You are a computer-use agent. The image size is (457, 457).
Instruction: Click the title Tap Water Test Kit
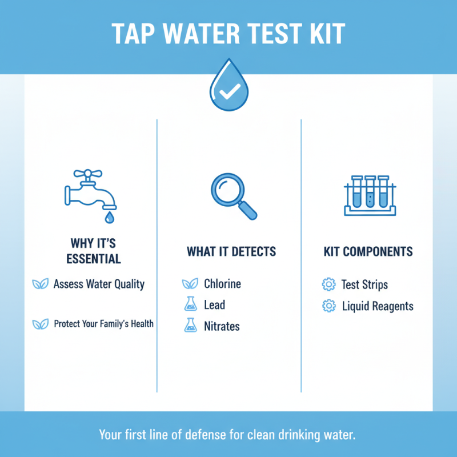tap(228, 34)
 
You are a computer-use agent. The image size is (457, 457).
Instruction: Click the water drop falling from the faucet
tap(108, 217)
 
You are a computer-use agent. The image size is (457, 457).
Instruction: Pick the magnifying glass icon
tap(231, 196)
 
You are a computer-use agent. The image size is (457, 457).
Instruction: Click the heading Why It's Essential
tap(94, 251)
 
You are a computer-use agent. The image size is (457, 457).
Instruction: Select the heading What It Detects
tap(231, 251)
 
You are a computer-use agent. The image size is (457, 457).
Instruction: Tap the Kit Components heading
tap(368, 251)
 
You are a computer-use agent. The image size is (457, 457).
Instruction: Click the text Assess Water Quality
tap(99, 284)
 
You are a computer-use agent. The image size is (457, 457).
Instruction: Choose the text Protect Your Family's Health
tap(103, 324)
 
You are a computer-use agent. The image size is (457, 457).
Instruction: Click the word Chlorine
tap(222, 284)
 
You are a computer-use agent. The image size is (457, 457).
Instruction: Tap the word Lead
tap(214, 305)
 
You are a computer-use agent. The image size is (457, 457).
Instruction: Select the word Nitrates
tap(222, 326)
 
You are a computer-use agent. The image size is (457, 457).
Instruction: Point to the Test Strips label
tap(364, 284)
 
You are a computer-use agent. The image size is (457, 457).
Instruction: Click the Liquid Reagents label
tap(377, 306)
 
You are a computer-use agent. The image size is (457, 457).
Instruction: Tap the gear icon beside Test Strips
tap(328, 284)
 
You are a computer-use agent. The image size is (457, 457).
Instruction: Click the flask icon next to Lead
tap(190, 305)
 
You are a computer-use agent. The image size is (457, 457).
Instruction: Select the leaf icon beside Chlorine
tap(190, 284)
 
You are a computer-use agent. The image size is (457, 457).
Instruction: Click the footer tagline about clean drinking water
tap(228, 434)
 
